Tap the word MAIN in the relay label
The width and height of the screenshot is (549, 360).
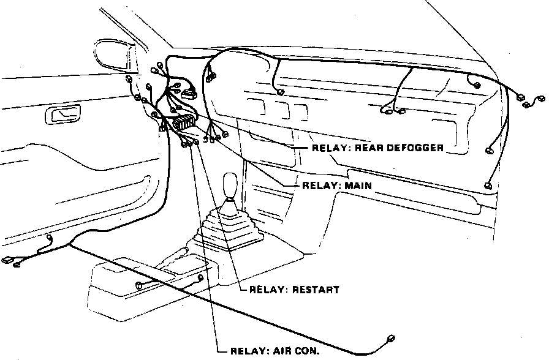coord(358,185)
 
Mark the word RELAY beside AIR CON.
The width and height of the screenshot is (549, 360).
coord(248,351)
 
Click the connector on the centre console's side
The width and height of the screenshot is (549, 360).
coord(139,285)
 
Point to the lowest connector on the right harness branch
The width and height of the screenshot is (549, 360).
coord(488,185)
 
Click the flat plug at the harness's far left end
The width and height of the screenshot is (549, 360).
coord(9,260)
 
